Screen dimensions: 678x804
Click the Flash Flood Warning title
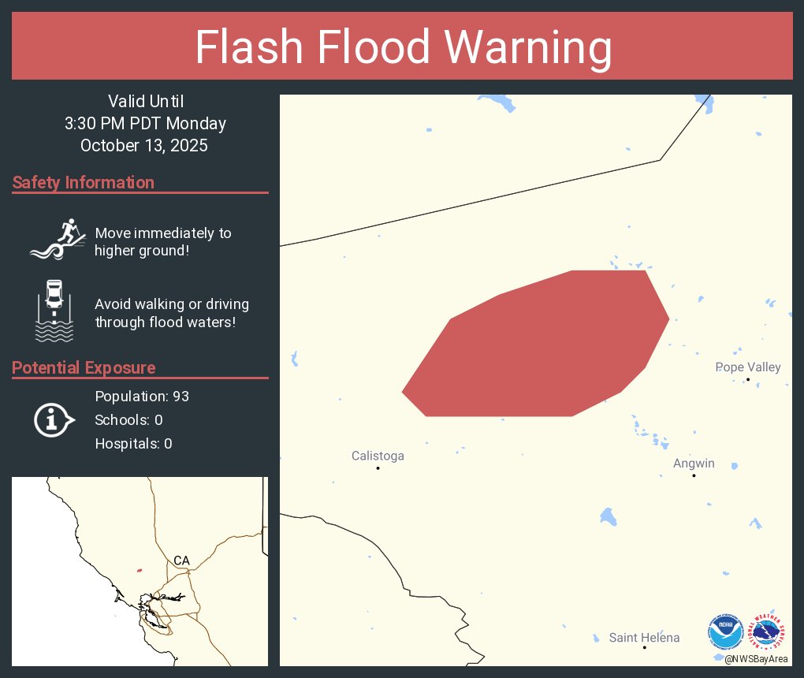[x=403, y=47]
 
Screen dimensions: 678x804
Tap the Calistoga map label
[x=378, y=456]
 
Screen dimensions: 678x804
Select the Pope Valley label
[x=747, y=367]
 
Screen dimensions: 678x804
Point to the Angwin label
[x=694, y=464]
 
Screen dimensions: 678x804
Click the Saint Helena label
[x=644, y=638]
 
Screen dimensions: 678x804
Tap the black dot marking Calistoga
[x=378, y=468]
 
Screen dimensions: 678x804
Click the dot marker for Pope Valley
[x=748, y=379]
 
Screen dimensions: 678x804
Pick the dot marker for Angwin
[x=694, y=475]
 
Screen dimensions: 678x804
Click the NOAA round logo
[x=725, y=632]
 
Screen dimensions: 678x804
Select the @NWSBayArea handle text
[x=757, y=658]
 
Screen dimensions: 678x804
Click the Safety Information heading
[x=84, y=183]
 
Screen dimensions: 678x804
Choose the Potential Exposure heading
[x=84, y=368]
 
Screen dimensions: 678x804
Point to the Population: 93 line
[x=142, y=396]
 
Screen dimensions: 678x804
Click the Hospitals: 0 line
[x=133, y=444]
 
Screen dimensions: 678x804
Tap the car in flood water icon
[x=54, y=310]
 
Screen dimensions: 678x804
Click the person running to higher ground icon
[x=57, y=239]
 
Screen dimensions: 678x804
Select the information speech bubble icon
[x=54, y=419]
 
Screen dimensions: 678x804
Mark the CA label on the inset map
[x=181, y=561]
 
